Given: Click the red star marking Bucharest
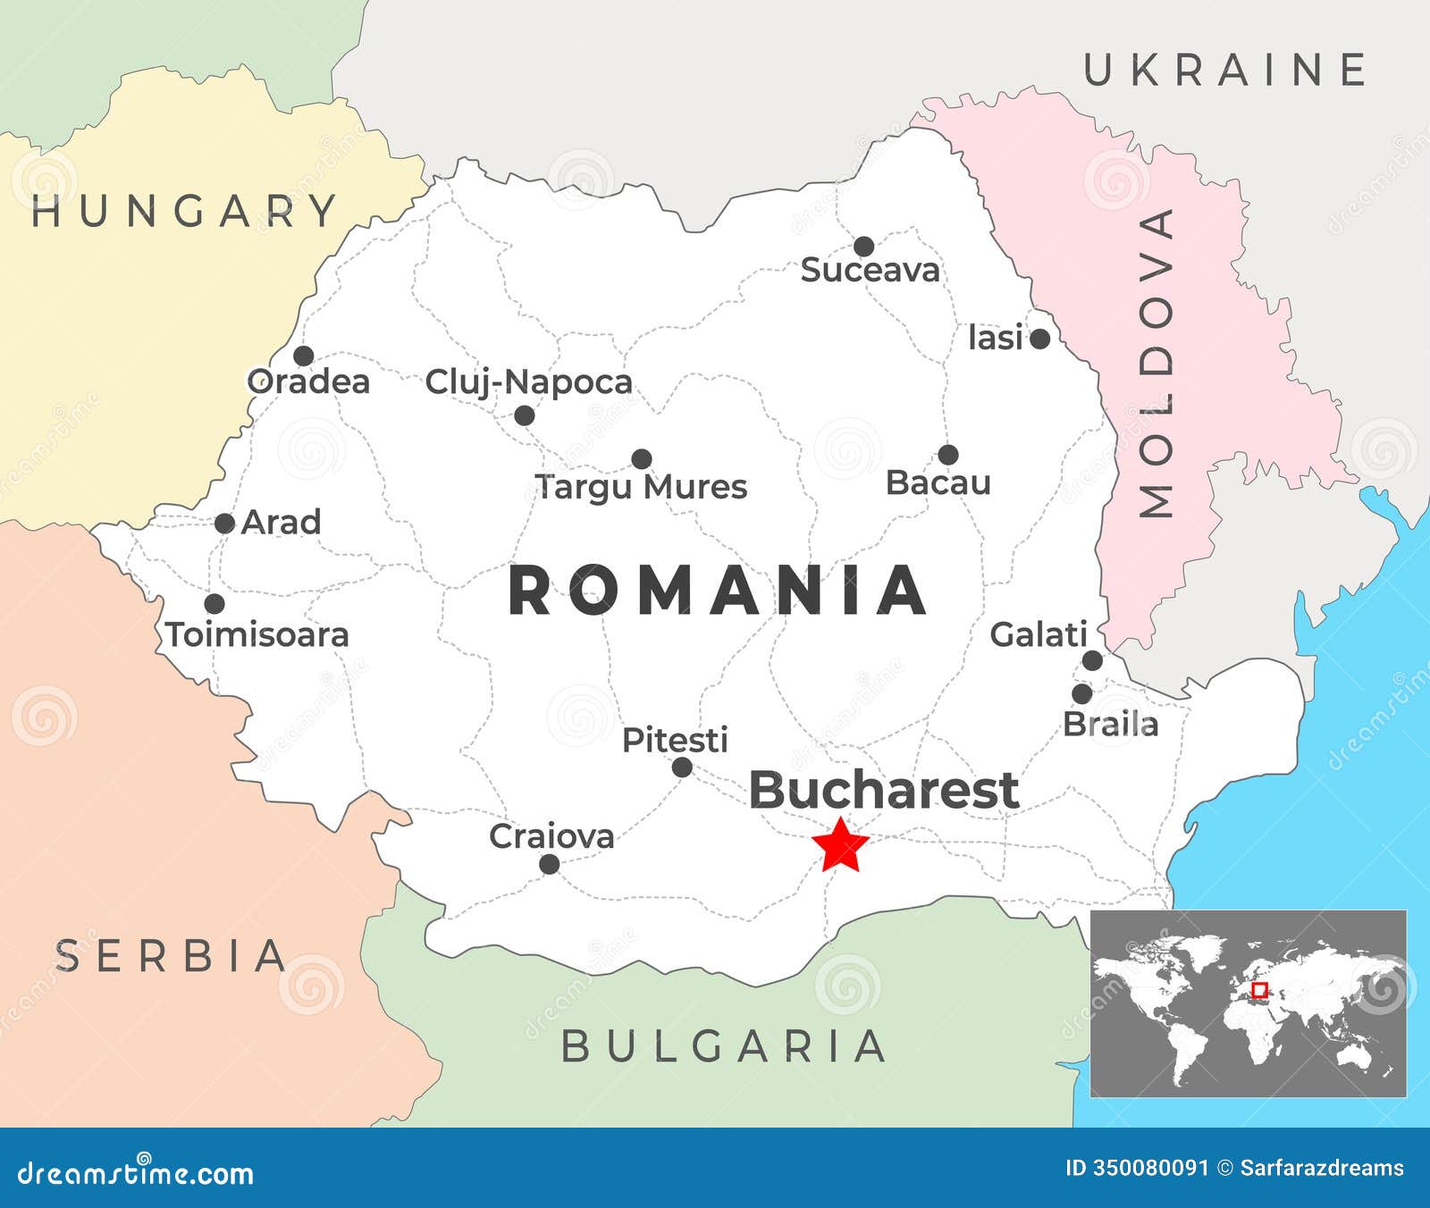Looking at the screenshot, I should [841, 845].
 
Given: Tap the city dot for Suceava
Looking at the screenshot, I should [863, 247].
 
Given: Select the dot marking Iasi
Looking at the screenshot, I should [1039, 339].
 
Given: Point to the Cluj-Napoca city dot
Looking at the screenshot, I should [525, 415].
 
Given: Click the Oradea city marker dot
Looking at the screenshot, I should [304, 356].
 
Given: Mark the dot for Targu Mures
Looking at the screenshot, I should [642, 459].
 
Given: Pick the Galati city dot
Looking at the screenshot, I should [1092, 660].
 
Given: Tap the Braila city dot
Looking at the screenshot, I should [1082, 693].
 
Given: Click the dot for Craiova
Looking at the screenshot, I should [550, 864].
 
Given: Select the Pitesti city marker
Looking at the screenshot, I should [682, 767].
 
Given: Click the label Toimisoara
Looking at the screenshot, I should [257, 634].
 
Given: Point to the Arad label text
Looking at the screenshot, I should [281, 522].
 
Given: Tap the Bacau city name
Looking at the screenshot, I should [938, 482].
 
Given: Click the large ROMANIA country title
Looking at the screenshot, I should [718, 591].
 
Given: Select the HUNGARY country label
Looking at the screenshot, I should [184, 212].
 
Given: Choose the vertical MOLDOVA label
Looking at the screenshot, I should [1157, 363].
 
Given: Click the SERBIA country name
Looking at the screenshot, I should [171, 956].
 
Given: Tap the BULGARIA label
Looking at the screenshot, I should [723, 1046].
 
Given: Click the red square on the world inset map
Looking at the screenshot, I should [1259, 990].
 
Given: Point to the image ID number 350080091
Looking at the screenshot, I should [1151, 1168].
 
